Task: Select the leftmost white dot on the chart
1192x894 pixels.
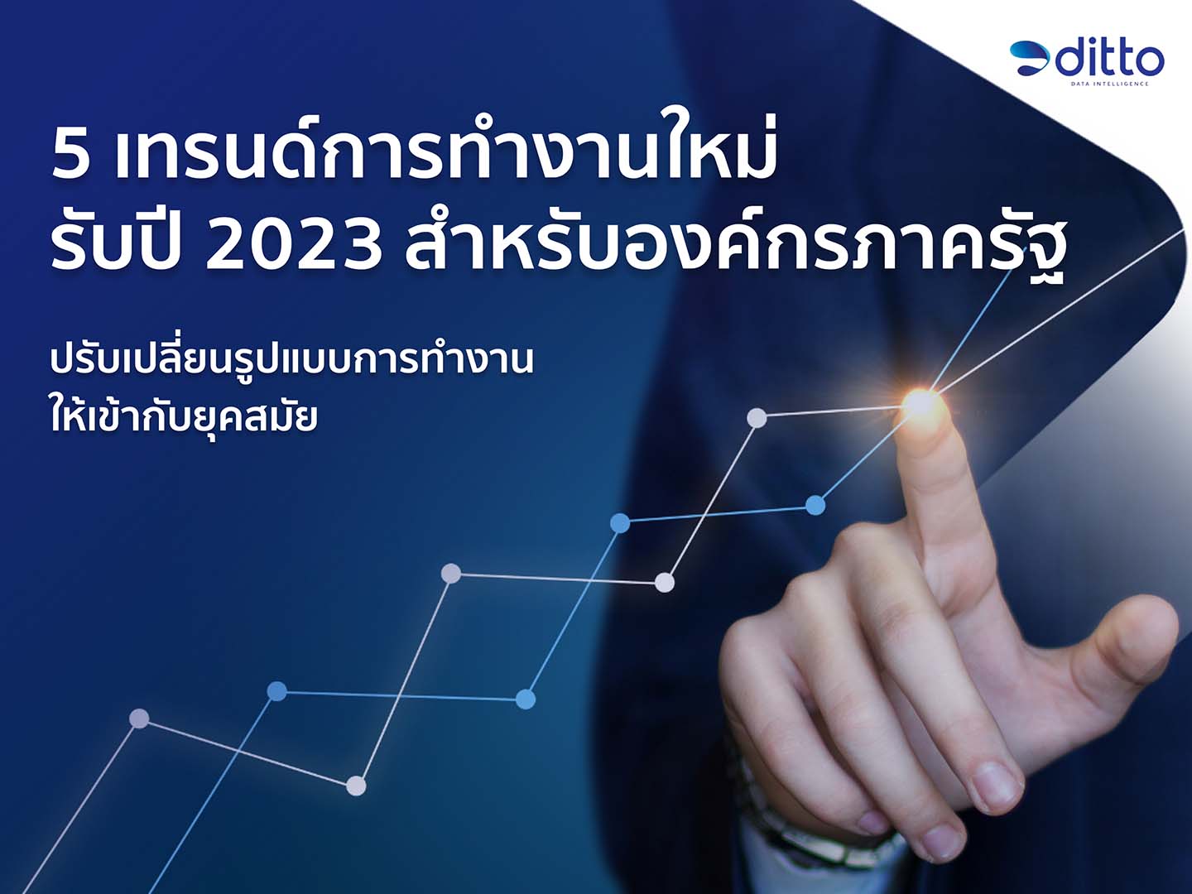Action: [x=140, y=719]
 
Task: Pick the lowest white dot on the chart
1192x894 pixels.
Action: [x=356, y=786]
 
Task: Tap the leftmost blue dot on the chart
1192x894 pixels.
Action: [x=277, y=691]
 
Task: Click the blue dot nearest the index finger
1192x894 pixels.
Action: [x=815, y=505]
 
